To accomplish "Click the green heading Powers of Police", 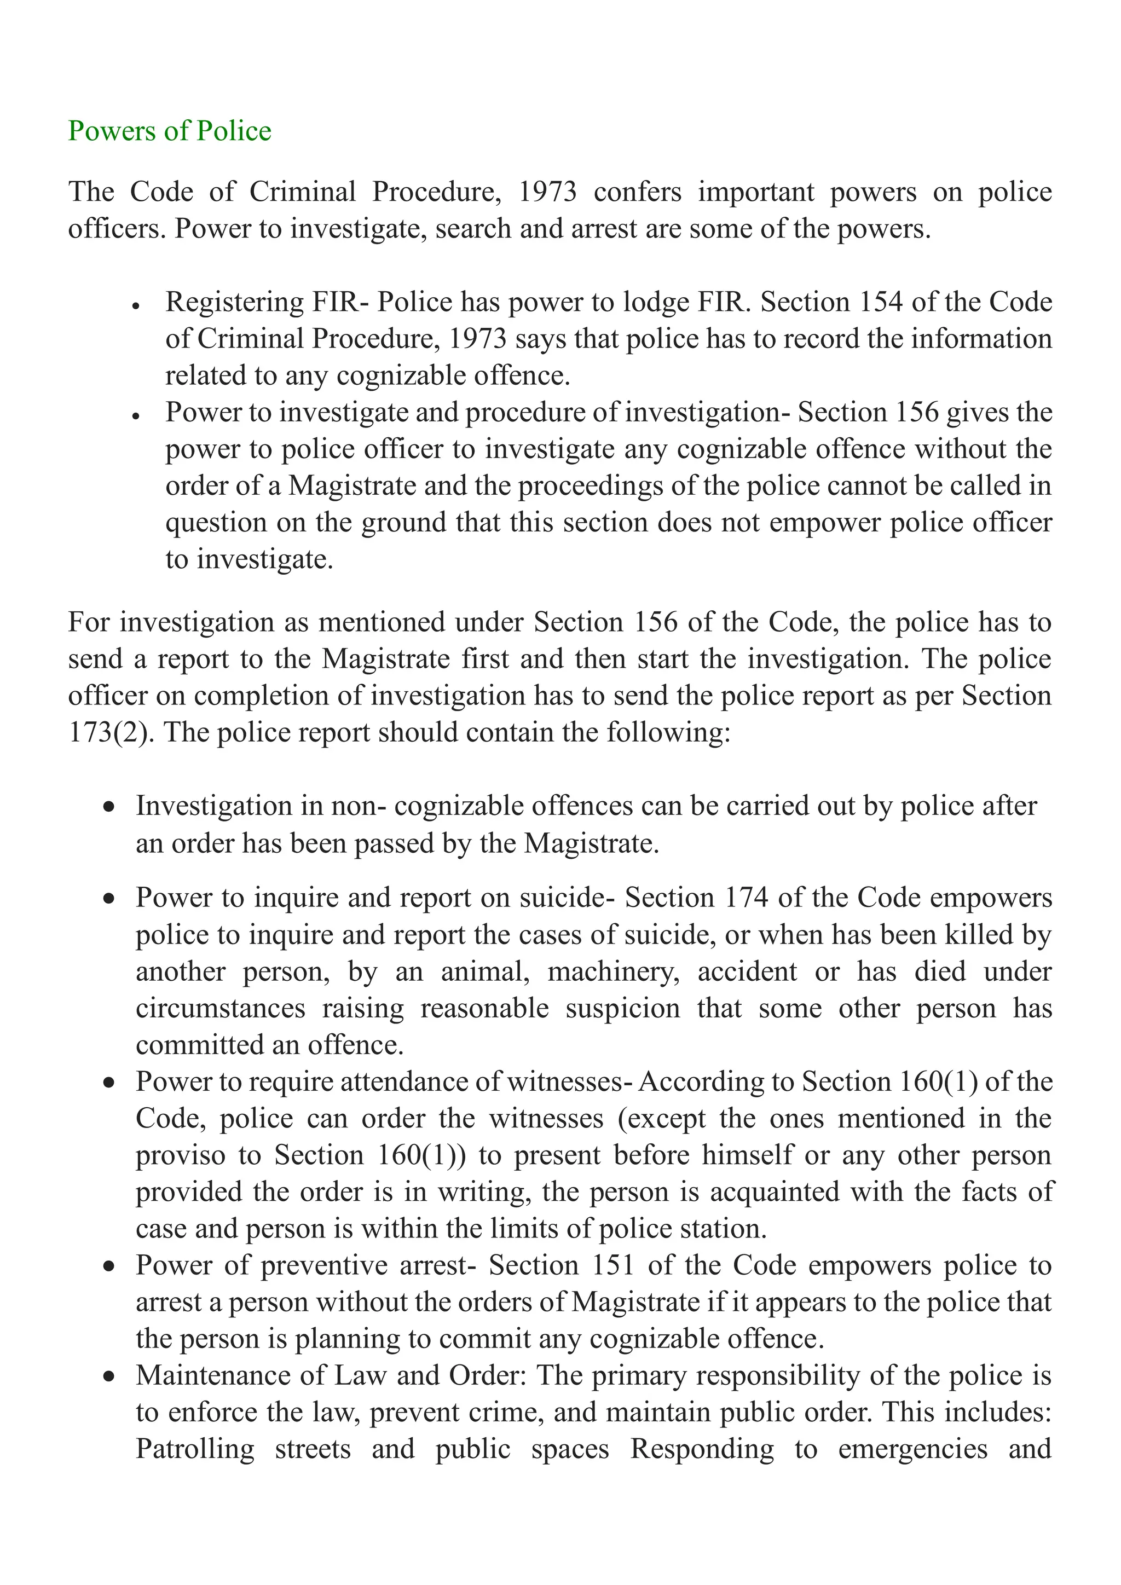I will tap(169, 131).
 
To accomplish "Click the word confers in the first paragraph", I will tap(637, 192).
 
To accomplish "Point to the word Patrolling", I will tap(195, 1449).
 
